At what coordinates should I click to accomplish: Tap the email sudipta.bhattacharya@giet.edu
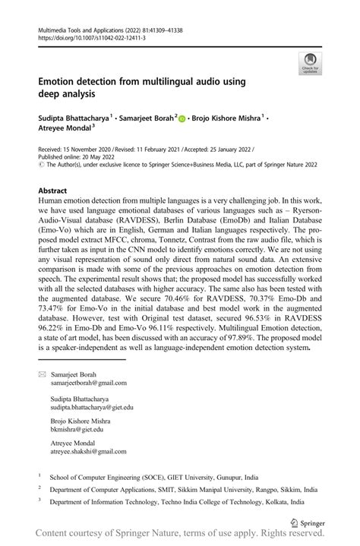(92, 428)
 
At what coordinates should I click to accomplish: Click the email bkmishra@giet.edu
(78, 451)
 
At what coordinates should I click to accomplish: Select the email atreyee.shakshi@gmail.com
(90, 473)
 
